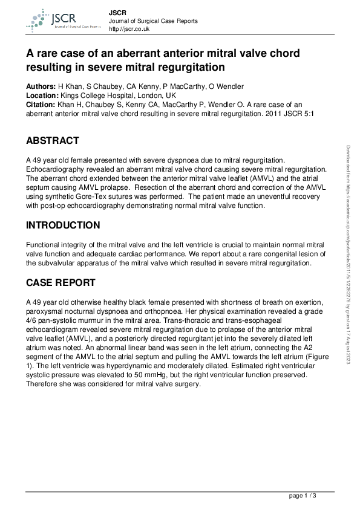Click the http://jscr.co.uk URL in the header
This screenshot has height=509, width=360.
click(x=129, y=29)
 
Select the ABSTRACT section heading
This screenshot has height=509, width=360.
click(x=52, y=141)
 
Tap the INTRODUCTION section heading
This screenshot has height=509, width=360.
click(x=63, y=225)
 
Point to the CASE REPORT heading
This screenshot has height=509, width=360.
click(x=62, y=282)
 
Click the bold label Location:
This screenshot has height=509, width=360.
click(x=42, y=96)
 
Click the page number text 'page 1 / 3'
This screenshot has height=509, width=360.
click(x=303, y=496)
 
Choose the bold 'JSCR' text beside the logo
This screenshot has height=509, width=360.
click(x=117, y=12)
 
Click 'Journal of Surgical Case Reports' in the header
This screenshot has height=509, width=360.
click(x=152, y=21)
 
